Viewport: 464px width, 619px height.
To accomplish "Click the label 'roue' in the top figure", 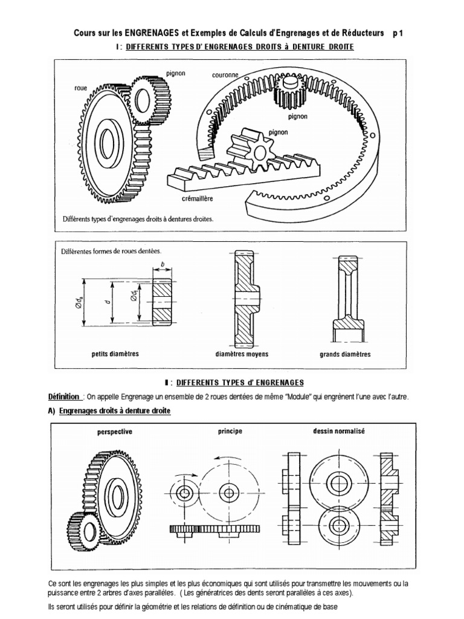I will pyautogui.click(x=80, y=88).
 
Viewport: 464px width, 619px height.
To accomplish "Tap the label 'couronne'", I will pyautogui.click(x=225, y=76).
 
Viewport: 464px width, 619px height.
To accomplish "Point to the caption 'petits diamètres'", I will pyautogui.click(x=115, y=354).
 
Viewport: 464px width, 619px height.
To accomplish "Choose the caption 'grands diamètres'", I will pyautogui.click(x=345, y=354).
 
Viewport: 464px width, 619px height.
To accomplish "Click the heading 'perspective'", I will pyautogui.click(x=114, y=432).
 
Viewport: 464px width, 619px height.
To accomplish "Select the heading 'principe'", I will pyautogui.click(x=230, y=431).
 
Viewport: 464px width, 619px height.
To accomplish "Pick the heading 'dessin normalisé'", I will pyautogui.click(x=338, y=432).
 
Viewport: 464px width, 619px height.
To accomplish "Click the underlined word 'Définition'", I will pyautogui.click(x=64, y=397).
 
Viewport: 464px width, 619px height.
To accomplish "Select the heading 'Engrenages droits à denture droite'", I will pyautogui.click(x=115, y=411).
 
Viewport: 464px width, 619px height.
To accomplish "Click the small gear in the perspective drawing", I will pyautogui.click(x=82, y=528).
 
